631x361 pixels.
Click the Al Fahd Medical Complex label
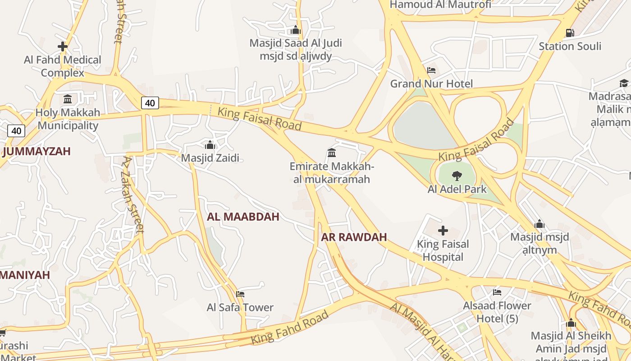(63, 66)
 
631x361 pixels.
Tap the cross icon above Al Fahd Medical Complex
(63, 46)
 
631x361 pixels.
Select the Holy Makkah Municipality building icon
(68, 99)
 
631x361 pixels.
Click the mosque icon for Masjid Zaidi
(210, 145)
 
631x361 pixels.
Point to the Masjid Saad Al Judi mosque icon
(296, 30)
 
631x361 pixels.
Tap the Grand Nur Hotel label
(431, 83)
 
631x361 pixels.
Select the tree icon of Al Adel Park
(457, 176)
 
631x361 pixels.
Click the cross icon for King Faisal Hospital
(443, 231)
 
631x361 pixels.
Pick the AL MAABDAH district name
(243, 217)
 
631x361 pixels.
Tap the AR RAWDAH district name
(354, 237)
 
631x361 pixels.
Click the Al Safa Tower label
(240, 307)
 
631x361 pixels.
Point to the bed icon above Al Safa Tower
(240, 294)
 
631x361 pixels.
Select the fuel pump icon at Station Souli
(570, 32)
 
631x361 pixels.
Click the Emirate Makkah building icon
(332, 153)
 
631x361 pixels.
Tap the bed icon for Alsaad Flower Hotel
(497, 292)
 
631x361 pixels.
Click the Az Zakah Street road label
(133, 194)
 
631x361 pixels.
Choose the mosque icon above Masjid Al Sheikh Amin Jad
(571, 323)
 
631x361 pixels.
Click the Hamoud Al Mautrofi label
(440, 5)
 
